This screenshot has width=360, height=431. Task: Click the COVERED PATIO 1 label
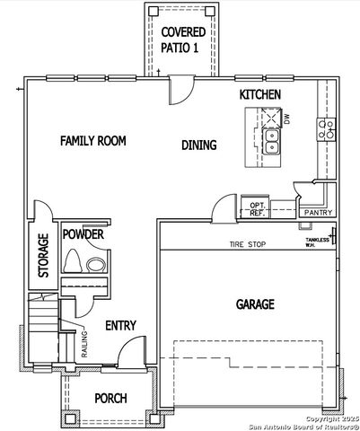pos(182,40)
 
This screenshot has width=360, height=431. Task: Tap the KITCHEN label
pos(261,94)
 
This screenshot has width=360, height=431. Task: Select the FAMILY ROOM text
pos(92,141)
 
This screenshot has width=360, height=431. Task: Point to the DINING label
pos(198,145)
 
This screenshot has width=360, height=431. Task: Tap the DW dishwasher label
pos(287,119)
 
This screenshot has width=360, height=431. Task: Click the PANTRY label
pos(318,213)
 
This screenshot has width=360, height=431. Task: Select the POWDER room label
pos(83,234)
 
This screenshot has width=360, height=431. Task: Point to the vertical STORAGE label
pos(42,256)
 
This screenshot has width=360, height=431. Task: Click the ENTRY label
pos(120,325)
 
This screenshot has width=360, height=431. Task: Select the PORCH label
pos(110,398)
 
